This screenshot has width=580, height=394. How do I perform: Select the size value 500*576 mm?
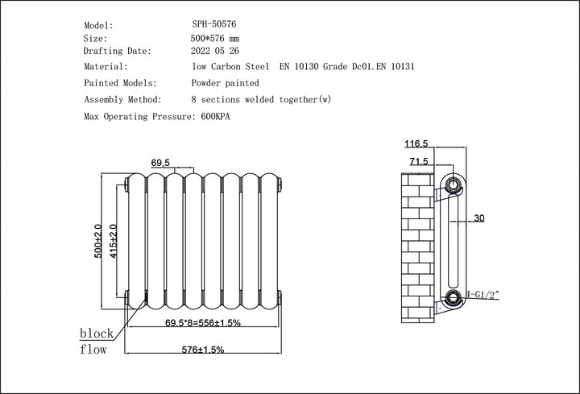tap(215, 39)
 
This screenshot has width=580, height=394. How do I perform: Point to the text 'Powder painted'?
tap(226, 83)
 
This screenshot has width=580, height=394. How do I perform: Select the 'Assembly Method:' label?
tap(122, 100)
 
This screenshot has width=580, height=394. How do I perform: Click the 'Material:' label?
tap(106, 67)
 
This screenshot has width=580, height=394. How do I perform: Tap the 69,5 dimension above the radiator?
tap(160, 163)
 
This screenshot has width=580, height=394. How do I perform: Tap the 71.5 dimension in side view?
tap(418, 162)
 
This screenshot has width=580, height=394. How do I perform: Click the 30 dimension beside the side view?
tap(479, 218)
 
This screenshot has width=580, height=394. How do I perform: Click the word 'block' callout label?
tap(97, 334)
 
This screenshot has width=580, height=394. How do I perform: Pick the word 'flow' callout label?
tap(93, 350)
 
